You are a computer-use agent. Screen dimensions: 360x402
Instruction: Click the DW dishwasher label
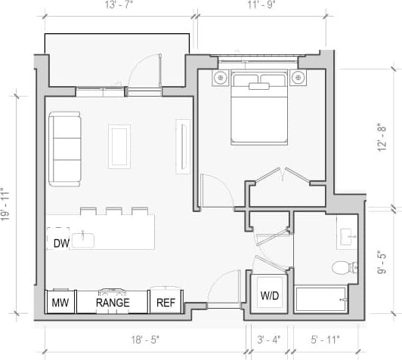(61, 242)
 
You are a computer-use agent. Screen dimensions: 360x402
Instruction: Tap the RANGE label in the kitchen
(113, 303)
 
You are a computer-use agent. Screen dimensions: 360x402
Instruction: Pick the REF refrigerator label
(165, 303)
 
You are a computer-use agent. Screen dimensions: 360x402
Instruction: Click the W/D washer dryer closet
(269, 294)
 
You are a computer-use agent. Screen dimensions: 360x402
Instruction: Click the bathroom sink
(347, 238)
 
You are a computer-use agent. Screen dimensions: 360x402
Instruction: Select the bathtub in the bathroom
(321, 300)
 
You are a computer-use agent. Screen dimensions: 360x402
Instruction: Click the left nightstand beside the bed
(221, 77)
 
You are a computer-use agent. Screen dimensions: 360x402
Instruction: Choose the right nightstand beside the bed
(298, 77)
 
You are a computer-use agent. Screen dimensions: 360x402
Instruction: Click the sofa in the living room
(66, 149)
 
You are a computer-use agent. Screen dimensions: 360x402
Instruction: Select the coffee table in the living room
(119, 146)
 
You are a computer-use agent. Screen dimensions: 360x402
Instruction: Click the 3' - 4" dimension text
(269, 340)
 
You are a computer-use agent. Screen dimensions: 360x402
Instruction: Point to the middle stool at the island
(114, 211)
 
